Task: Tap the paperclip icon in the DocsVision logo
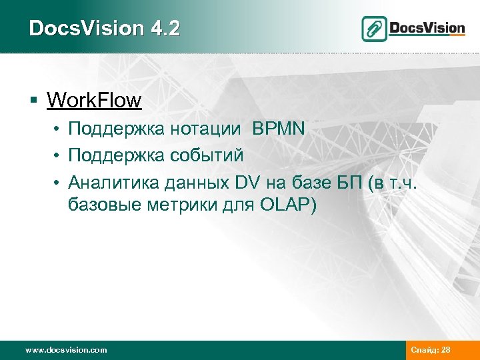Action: point(375,29)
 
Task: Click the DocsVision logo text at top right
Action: point(427,28)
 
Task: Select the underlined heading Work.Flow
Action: point(94,101)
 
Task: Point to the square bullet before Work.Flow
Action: point(33,101)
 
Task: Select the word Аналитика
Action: point(109,181)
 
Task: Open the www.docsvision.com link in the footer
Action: point(65,350)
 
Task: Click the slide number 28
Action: point(445,350)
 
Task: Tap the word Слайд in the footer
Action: point(424,350)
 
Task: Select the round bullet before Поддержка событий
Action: point(59,155)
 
